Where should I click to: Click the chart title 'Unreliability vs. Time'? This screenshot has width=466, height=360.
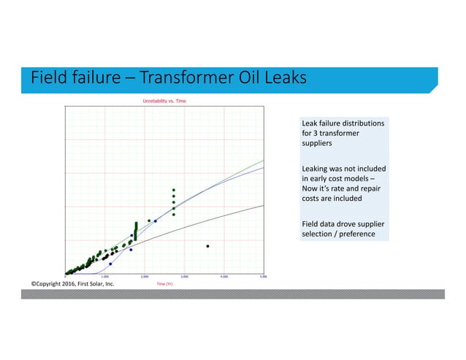tap(164, 100)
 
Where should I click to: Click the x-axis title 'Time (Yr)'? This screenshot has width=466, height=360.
tap(164, 283)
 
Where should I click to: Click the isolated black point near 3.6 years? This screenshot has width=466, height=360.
tap(208, 246)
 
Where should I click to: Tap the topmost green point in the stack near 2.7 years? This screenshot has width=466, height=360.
tap(174, 191)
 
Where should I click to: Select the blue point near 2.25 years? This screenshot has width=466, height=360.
tap(156, 221)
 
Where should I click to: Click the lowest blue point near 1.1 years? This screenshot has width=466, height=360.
tap(110, 264)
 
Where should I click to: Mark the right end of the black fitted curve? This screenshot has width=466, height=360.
tap(264, 205)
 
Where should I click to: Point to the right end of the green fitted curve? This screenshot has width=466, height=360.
tap(264, 160)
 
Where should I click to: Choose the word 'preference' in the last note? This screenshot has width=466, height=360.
tap(357, 234)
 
